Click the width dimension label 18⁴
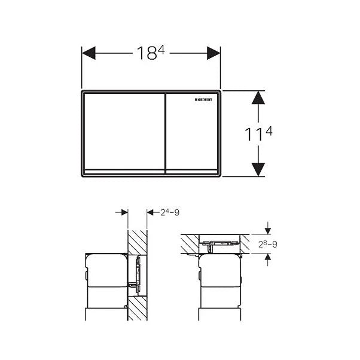[151, 53]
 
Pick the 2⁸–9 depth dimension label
[268, 243]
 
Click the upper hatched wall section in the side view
[135, 242]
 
